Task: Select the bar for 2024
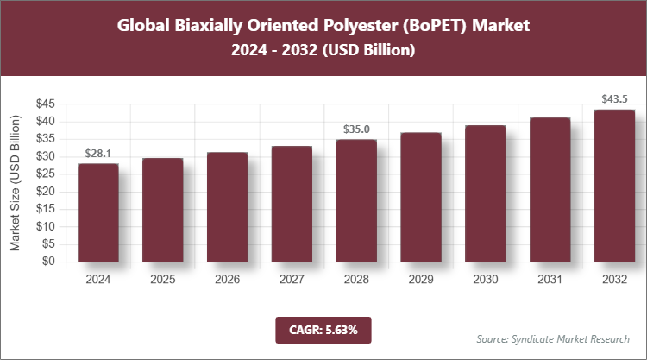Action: (97, 212)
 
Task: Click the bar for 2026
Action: (227, 207)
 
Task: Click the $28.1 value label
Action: (98, 154)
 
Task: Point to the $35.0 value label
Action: (356, 129)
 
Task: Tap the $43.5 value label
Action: (615, 99)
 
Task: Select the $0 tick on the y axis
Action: (50, 262)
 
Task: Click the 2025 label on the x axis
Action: (162, 280)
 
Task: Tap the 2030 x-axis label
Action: (486, 280)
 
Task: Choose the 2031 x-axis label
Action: (550, 280)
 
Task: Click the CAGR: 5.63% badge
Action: (323, 329)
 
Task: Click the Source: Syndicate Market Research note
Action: (553, 338)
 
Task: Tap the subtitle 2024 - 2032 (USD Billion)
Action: (323, 51)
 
